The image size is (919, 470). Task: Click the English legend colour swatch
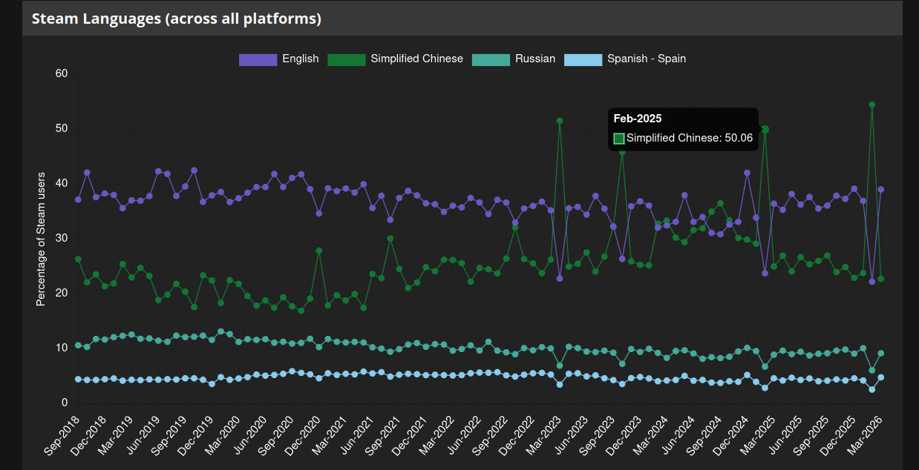tap(258, 59)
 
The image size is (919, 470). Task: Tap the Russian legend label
tap(534, 59)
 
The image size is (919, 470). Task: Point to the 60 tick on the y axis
tap(61, 73)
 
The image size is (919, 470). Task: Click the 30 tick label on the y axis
tap(61, 238)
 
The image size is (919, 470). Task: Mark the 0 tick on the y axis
tap(65, 403)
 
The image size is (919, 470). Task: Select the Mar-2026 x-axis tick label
tap(865, 436)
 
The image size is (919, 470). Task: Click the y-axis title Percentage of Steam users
tap(41, 239)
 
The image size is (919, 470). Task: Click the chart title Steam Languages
tap(177, 19)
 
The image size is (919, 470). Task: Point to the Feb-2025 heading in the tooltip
tap(638, 119)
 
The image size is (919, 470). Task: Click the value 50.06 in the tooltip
tap(739, 138)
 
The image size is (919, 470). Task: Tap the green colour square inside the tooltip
tap(619, 138)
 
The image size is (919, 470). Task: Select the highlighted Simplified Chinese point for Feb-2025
tap(765, 130)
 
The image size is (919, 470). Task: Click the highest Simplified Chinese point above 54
tap(871, 105)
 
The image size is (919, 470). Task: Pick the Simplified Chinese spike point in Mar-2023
tap(560, 121)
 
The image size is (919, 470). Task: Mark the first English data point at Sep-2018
tap(78, 199)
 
